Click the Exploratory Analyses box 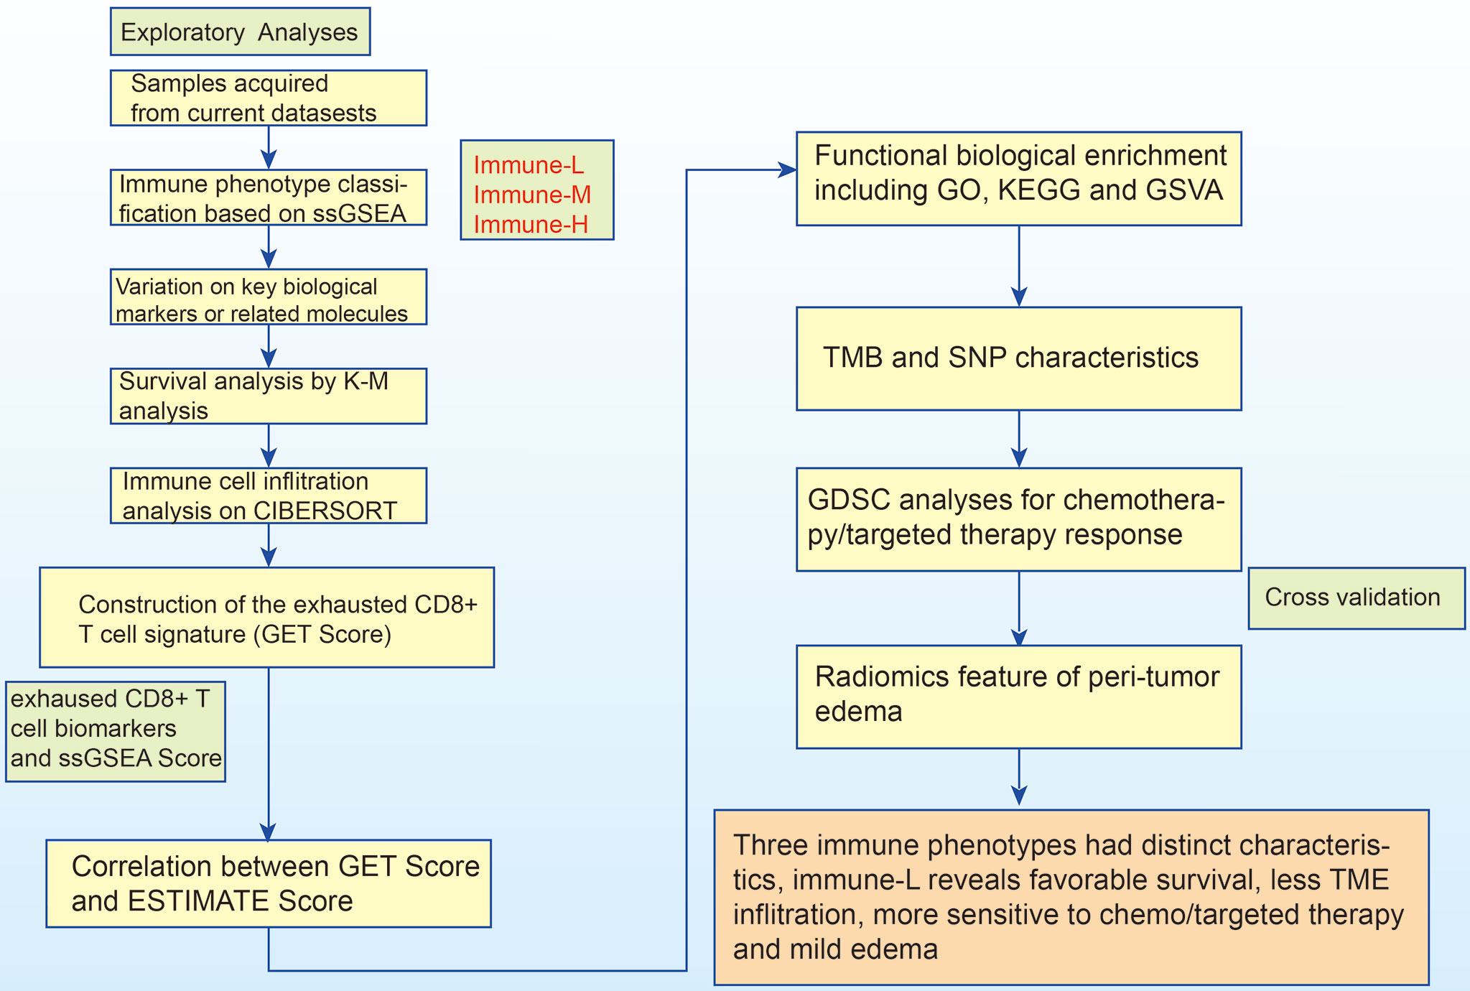[x=240, y=32]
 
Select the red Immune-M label [x=532, y=195]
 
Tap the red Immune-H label [x=531, y=225]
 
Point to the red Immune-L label [x=529, y=165]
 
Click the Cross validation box [x=1357, y=598]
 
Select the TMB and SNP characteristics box [x=1019, y=358]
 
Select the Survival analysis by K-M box [x=269, y=396]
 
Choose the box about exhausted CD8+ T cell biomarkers [x=116, y=731]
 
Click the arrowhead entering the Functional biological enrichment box [x=788, y=170]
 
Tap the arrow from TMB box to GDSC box [x=1019, y=439]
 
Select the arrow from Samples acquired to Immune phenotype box [x=269, y=147]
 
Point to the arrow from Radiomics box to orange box [x=1019, y=777]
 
